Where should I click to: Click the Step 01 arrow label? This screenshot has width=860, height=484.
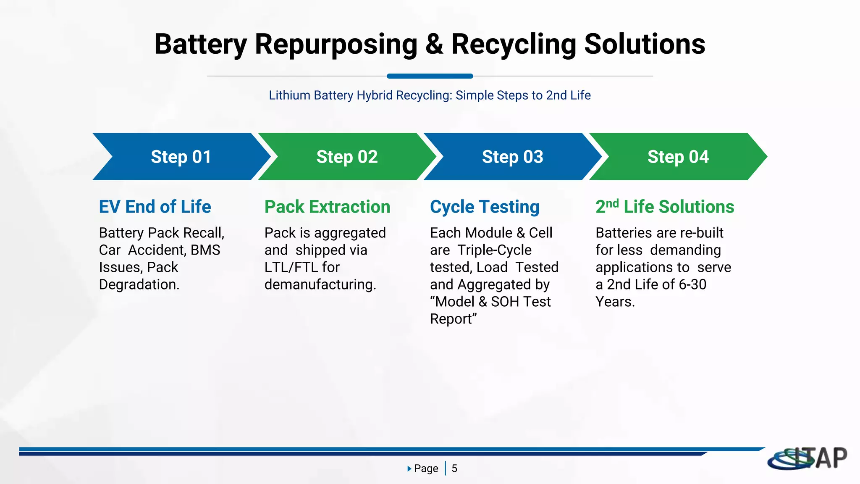pos(181,157)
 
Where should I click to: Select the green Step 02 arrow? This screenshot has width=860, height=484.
pos(347,157)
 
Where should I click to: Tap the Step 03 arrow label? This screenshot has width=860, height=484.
pos(512,157)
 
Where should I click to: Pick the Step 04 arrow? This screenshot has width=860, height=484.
pos(678,157)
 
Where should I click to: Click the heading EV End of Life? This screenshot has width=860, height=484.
pos(155,207)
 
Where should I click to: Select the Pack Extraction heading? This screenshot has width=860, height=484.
pos(327,207)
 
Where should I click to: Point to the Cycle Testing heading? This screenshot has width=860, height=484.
pos(485,207)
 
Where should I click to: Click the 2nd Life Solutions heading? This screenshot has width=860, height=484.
pos(665,207)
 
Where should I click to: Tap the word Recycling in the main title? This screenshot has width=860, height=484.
pos(514,44)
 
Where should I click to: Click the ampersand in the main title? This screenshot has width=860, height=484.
pos(434,44)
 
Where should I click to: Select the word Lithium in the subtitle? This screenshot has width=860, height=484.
pos(289,95)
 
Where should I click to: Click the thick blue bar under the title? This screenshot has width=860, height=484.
pos(430,76)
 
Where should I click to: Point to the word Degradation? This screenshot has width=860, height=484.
pos(139,284)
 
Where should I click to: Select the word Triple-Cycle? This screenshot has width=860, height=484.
pos(494,250)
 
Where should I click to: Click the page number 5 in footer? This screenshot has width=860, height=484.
pos(454,468)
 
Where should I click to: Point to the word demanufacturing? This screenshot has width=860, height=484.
pos(320,284)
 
